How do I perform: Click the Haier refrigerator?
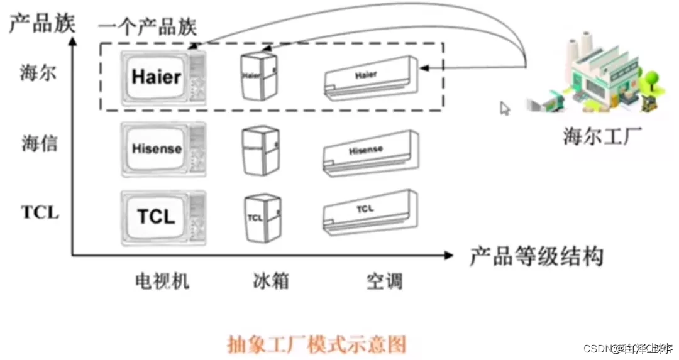[x=259, y=75]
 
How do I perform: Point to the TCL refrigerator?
[x=262, y=218]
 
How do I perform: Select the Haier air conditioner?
[x=370, y=79]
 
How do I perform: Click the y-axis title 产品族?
[x=41, y=23]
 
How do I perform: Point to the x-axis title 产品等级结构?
[x=536, y=256]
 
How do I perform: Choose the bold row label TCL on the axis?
[x=40, y=212]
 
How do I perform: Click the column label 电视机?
[x=162, y=280]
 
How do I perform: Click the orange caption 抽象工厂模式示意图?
[x=316, y=344]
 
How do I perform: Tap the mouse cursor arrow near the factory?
[x=505, y=108]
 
